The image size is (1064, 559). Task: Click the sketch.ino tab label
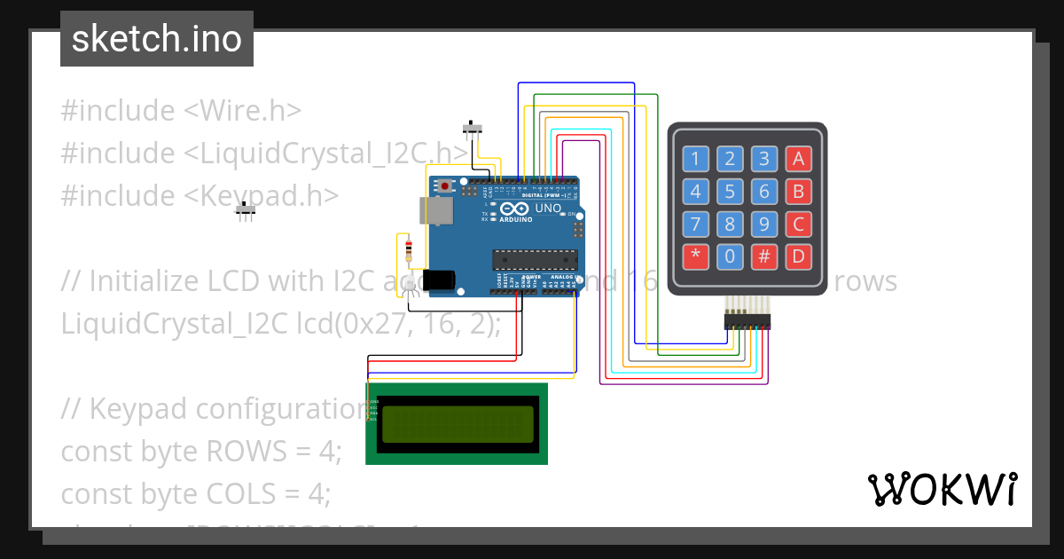click(157, 39)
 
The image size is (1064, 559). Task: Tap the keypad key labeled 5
click(730, 192)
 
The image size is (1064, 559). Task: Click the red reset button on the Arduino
click(444, 186)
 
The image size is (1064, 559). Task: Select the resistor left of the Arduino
click(408, 249)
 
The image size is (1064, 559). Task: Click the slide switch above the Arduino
click(475, 129)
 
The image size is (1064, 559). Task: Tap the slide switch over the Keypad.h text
click(246, 210)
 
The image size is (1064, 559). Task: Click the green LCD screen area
click(457, 424)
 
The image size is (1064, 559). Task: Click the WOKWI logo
click(942, 489)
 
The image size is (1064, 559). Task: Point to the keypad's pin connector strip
click(747, 320)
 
